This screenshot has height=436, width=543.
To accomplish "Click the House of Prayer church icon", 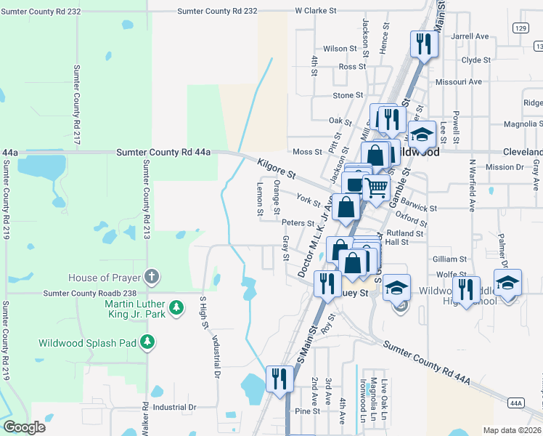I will (x=151, y=276).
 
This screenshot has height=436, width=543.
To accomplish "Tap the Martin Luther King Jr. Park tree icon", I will (x=176, y=309).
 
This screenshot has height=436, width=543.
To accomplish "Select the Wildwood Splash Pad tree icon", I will (x=148, y=342).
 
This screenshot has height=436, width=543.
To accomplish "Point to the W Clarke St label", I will (x=317, y=12).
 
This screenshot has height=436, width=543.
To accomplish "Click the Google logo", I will (x=24, y=427).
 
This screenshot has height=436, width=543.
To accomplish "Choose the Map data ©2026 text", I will (x=511, y=429).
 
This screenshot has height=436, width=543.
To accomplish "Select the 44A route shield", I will (x=516, y=403).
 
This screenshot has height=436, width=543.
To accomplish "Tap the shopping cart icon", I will (x=375, y=187).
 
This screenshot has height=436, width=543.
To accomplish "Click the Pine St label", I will (x=308, y=411).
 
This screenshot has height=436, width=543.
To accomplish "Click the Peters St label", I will (x=298, y=223).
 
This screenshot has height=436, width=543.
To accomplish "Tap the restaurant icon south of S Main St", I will (x=279, y=378).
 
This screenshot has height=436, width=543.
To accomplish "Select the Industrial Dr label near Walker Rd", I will (x=171, y=408).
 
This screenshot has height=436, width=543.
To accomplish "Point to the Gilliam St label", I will (x=449, y=259).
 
